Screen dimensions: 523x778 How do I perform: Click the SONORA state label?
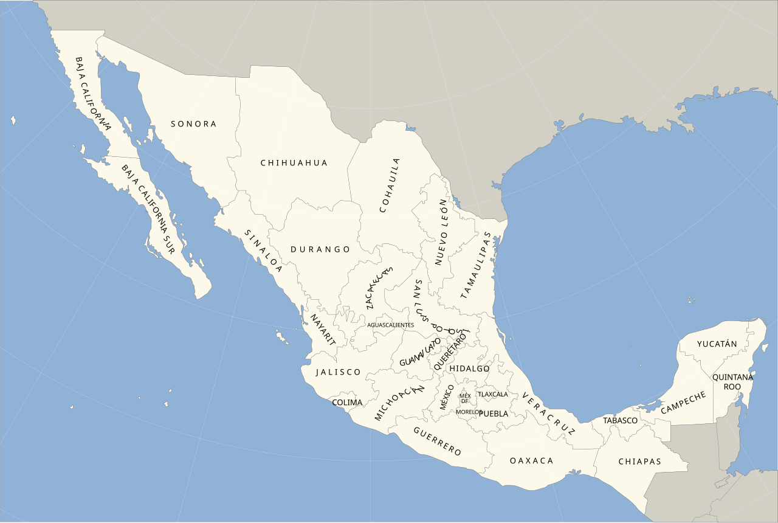click(x=193, y=124)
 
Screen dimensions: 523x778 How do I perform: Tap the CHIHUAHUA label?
click(x=294, y=163)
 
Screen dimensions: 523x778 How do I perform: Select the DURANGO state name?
click(x=320, y=249)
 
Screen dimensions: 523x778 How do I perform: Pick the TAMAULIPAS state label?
click(x=475, y=265)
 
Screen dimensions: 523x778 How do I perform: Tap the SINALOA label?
click(x=263, y=250)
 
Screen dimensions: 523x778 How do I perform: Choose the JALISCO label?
click(x=338, y=372)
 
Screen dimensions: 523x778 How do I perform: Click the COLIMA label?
click(x=347, y=403)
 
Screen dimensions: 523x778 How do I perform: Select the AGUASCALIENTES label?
click(x=390, y=325)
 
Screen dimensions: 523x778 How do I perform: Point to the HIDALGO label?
click(x=469, y=369)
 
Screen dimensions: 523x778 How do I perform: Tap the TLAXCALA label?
click(x=493, y=394)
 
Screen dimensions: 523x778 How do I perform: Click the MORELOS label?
click(x=469, y=412)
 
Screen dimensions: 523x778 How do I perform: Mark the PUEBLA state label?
click(x=493, y=414)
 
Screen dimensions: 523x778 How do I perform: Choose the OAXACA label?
click(x=532, y=460)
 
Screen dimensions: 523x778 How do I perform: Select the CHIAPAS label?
click(x=639, y=462)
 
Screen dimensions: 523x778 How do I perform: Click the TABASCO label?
click(x=620, y=420)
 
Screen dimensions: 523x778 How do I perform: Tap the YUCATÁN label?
click(x=717, y=344)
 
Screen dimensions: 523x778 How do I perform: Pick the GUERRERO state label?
click(x=437, y=441)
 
